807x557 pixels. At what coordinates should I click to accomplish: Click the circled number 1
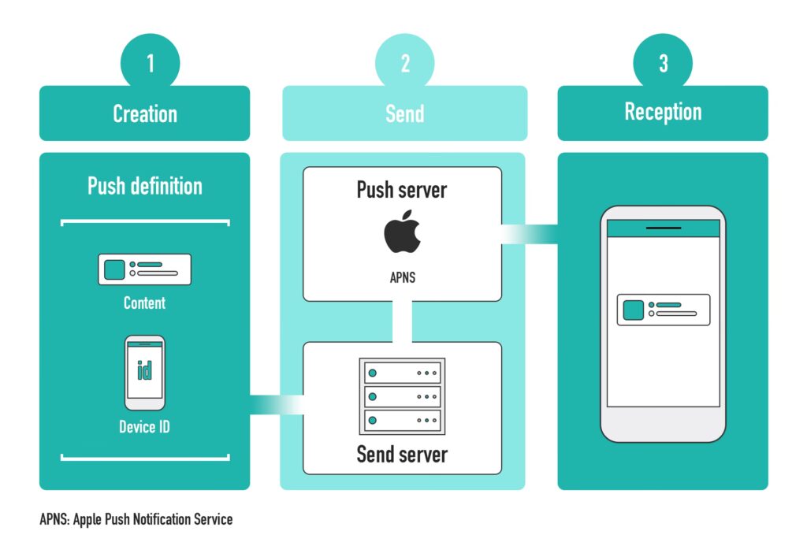(x=150, y=62)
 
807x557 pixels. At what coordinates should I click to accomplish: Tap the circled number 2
(x=405, y=62)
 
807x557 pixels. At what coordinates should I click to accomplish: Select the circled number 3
(x=663, y=62)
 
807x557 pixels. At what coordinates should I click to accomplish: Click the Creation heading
(x=145, y=113)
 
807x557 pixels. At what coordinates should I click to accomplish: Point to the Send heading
(x=404, y=113)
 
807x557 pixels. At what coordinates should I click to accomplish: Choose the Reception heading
(x=663, y=112)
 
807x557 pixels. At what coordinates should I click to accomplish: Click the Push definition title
(x=145, y=186)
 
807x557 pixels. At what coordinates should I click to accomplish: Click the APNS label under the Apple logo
(x=402, y=277)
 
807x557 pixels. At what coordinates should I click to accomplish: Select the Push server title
(x=402, y=190)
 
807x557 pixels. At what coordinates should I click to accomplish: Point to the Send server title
(x=402, y=454)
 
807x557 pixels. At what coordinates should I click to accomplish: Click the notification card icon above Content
(x=144, y=269)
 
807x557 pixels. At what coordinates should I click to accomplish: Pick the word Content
(x=144, y=303)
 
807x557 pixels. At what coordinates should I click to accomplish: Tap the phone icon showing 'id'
(x=145, y=373)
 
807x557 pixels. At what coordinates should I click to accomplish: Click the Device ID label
(x=144, y=428)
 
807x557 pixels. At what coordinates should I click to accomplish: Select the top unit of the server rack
(x=402, y=372)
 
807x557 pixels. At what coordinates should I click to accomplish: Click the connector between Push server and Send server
(x=402, y=321)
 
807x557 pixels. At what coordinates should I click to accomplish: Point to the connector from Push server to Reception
(x=530, y=234)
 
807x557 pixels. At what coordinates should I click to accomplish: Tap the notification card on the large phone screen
(x=663, y=310)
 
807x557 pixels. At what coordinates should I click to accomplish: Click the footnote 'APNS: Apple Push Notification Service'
(x=136, y=520)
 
